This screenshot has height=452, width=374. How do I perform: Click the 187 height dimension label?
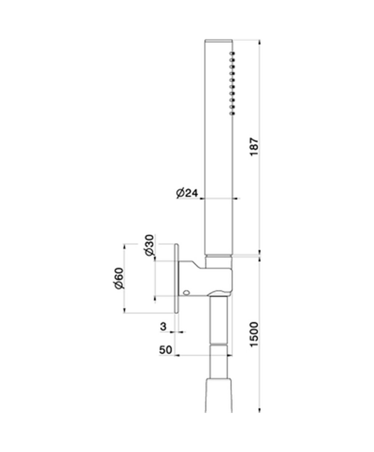pos(254,147)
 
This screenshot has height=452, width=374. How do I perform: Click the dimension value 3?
pos(163,326)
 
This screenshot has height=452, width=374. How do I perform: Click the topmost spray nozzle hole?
pos(233,54)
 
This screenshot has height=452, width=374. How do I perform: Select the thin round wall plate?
pos(177,278)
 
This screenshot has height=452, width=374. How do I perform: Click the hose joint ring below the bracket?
pos(218,344)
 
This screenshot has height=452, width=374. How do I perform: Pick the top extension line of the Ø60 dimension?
pos(150,244)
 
